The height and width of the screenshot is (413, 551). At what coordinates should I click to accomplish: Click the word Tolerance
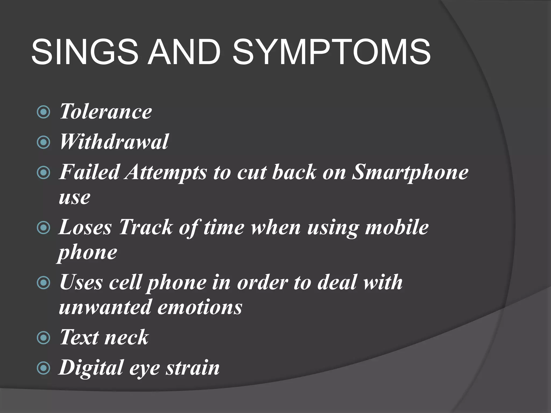point(105,111)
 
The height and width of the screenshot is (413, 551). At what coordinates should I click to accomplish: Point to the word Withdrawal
point(114,142)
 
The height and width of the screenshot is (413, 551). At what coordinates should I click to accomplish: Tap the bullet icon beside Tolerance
point(43,112)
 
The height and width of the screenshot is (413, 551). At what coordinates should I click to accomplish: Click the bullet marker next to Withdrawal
point(43,142)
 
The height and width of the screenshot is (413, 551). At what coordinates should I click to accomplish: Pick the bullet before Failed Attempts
point(43,173)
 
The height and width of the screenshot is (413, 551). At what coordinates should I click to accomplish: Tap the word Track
point(146,227)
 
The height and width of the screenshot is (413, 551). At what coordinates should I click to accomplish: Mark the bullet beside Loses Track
point(43,228)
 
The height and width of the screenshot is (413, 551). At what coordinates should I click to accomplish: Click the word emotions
point(200,307)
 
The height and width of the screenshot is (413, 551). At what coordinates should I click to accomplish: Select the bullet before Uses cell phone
point(43,283)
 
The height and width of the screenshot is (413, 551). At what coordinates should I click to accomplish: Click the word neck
point(126,337)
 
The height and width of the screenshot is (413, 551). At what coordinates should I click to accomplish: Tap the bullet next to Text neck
point(43,338)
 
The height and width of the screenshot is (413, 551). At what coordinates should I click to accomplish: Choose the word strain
point(193,368)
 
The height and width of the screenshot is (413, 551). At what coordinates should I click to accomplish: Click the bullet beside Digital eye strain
point(43,368)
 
